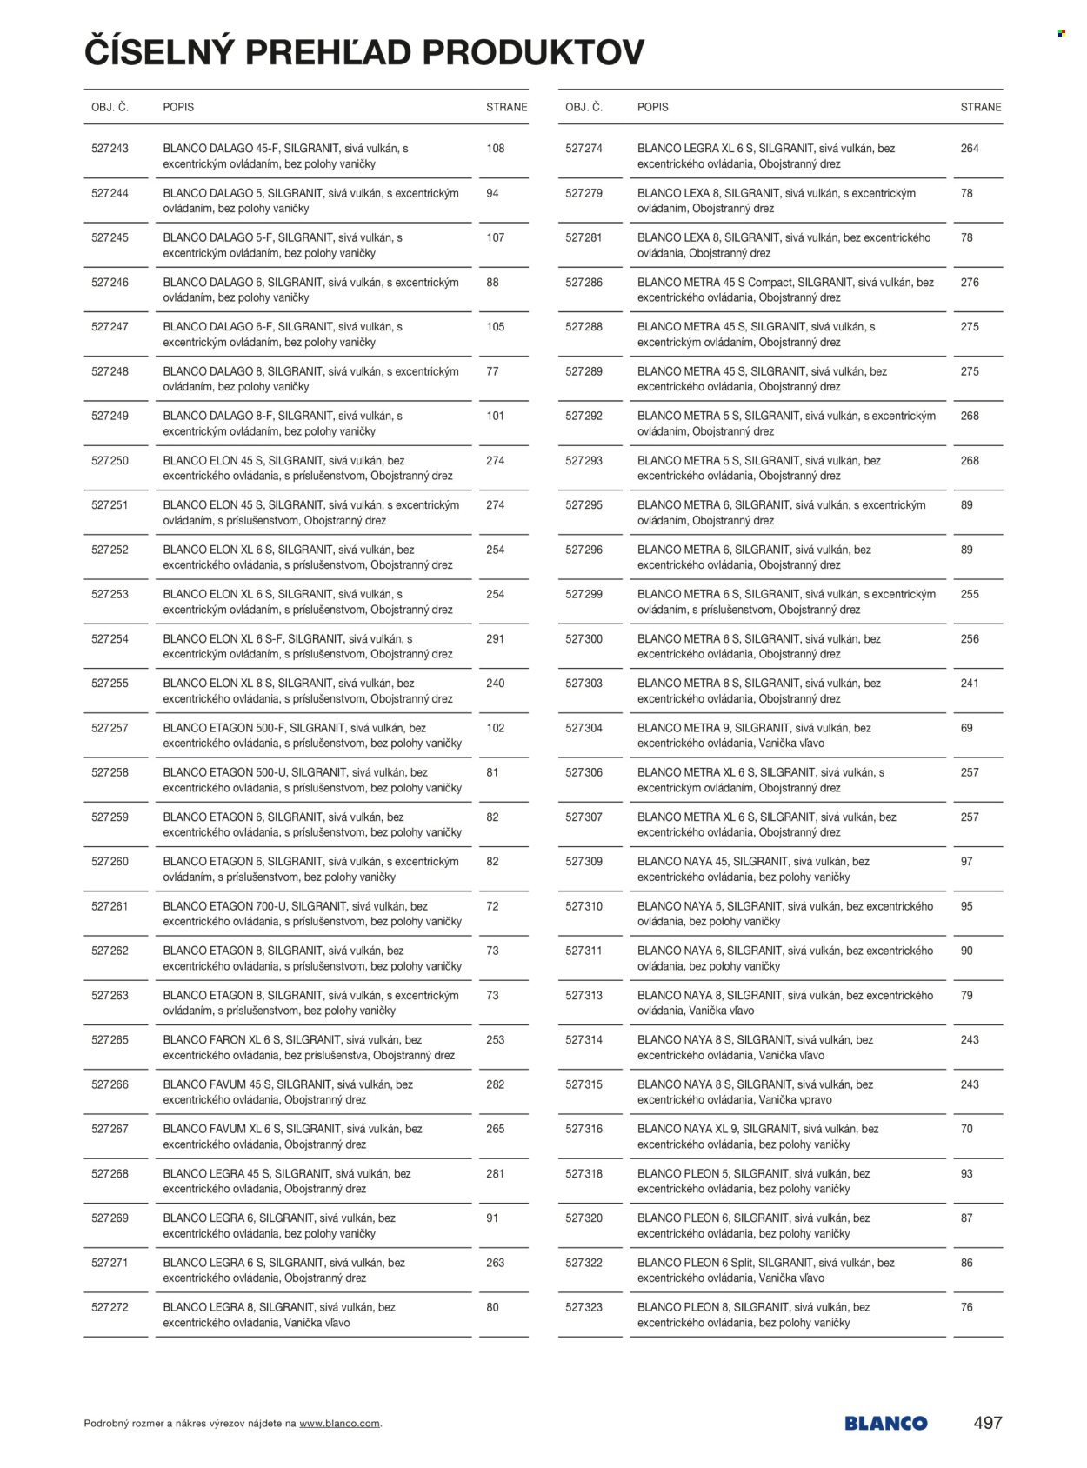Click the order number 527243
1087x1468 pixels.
coord(110,149)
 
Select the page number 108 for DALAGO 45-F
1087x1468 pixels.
coord(496,149)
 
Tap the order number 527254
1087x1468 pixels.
coord(110,639)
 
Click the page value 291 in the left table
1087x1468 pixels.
coord(496,639)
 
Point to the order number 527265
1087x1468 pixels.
coord(110,1040)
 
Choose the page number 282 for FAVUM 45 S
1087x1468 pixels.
coord(496,1084)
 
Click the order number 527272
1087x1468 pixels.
coord(110,1307)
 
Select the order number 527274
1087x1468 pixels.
coord(584,149)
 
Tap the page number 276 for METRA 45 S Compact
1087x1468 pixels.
coord(970,283)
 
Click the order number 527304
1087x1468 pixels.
coord(584,728)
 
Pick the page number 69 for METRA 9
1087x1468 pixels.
coord(967,728)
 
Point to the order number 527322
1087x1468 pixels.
coord(584,1263)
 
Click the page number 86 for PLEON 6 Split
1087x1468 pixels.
coord(967,1263)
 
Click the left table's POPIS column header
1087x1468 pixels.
coord(178,107)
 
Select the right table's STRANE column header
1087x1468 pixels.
coord(981,107)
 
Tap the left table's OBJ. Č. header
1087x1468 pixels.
coord(110,107)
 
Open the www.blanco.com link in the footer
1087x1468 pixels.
coord(339,1424)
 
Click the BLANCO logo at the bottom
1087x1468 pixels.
coord(885,1424)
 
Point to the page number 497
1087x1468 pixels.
coord(988,1423)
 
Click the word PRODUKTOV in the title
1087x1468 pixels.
coord(534,53)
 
